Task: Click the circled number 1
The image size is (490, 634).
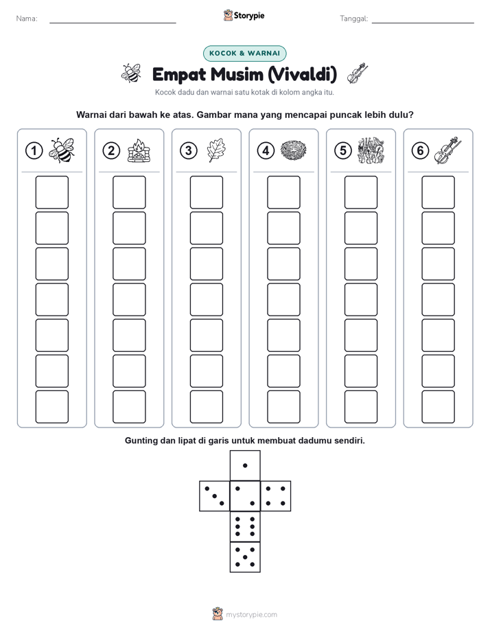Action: [x=34, y=151]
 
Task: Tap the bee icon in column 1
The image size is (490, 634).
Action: [x=62, y=150]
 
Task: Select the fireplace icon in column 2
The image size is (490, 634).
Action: [x=139, y=151]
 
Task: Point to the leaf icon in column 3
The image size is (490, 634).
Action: [x=216, y=150]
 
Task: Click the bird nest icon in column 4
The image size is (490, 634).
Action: [x=294, y=150]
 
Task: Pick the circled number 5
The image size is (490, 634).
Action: [x=343, y=151]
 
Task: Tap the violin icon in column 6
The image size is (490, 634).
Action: [x=448, y=150]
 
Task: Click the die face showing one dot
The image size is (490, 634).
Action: [x=245, y=465]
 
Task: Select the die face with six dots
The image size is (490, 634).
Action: [x=245, y=526]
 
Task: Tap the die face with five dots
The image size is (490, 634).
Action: [x=245, y=557]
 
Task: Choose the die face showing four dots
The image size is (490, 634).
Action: [x=276, y=496]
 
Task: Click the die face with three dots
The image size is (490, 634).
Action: [x=215, y=496]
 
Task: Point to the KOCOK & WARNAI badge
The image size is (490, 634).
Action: [x=244, y=54]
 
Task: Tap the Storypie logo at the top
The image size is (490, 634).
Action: [x=244, y=16]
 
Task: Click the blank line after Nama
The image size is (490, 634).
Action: [x=113, y=23]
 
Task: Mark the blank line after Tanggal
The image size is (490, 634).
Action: [x=423, y=23]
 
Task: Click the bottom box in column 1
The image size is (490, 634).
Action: [x=52, y=407]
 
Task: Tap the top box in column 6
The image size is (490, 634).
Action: [x=439, y=192]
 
